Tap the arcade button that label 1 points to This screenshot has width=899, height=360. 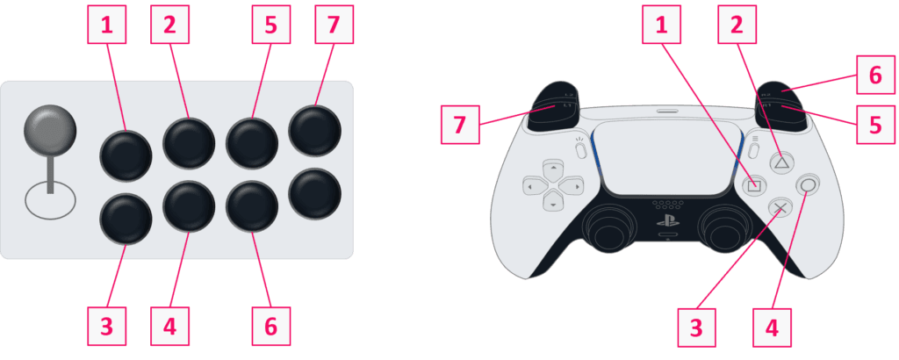click(x=126, y=155)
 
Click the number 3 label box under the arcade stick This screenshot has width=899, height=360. click(x=106, y=327)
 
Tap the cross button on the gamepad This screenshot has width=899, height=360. click(x=780, y=208)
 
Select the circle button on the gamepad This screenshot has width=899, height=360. click(x=808, y=184)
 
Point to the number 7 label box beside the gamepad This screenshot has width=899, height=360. click(x=461, y=125)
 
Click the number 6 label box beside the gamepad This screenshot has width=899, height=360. click(x=875, y=76)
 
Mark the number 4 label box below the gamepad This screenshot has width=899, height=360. click(x=772, y=327)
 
